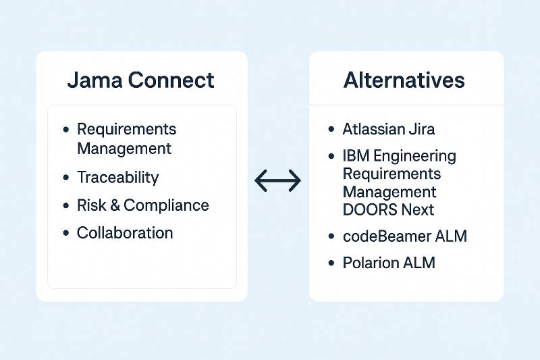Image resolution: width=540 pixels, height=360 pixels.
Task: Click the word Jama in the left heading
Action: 94,80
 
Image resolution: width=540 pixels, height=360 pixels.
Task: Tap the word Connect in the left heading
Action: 171,80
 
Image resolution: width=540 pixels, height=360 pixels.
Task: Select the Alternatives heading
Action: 404,80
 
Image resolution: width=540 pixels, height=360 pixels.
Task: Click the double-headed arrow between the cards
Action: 277,180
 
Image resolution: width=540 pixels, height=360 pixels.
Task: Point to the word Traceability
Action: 118,178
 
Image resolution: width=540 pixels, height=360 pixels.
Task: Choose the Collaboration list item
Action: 125,233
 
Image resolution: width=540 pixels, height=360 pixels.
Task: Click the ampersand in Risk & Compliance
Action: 115,205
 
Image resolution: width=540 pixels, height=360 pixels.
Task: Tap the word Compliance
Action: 166,205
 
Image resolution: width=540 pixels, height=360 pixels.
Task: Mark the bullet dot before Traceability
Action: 65,178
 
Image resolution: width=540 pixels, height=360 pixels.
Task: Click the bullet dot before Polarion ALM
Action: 331,263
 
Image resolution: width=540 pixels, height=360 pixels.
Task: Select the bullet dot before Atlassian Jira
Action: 331,129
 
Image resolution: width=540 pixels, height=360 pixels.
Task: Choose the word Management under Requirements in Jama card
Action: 124,148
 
